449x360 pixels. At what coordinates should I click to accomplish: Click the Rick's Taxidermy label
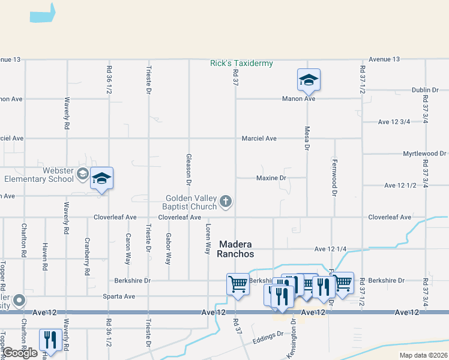coord(241,63)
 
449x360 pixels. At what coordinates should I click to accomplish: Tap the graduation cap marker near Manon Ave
coord(309,80)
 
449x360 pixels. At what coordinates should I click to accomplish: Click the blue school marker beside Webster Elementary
coord(102,178)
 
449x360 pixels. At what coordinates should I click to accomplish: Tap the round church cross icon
coord(226,202)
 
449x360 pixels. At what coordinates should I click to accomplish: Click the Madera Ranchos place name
coord(236,249)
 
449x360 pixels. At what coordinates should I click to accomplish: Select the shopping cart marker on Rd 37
coord(238,284)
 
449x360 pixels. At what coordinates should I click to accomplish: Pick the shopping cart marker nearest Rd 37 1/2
coord(343,283)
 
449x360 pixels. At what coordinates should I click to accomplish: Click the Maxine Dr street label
coord(271,178)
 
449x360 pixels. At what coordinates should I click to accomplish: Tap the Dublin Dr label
coord(426,90)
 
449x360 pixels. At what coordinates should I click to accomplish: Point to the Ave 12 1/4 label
coord(328,249)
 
